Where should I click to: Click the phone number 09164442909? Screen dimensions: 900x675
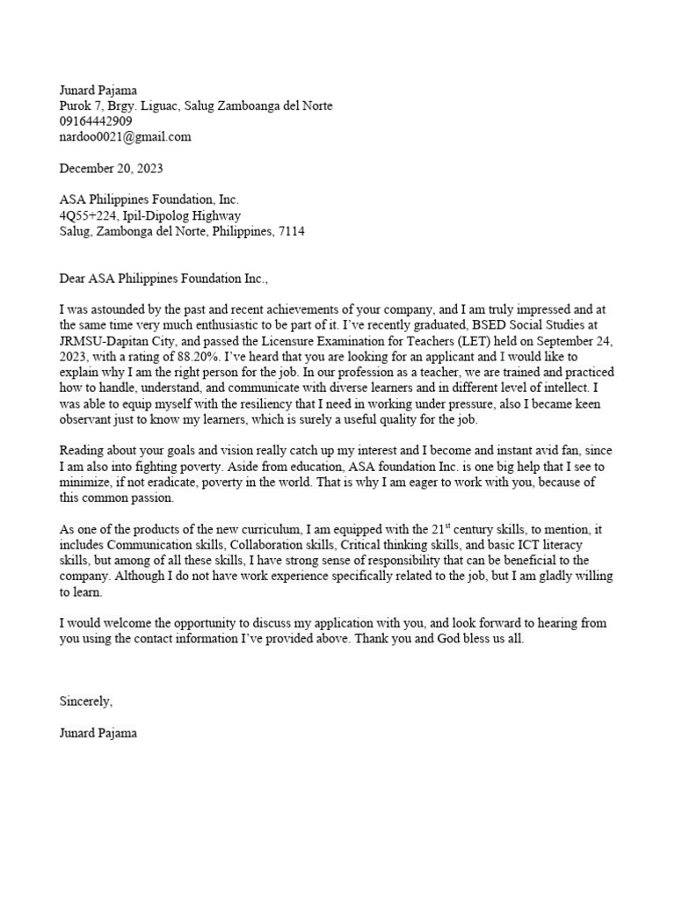tap(96, 121)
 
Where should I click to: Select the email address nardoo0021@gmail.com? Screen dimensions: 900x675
tap(125, 137)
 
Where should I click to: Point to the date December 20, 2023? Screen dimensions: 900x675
tap(111, 168)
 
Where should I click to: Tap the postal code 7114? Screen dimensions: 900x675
tap(292, 231)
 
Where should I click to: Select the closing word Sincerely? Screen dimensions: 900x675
tap(85, 701)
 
